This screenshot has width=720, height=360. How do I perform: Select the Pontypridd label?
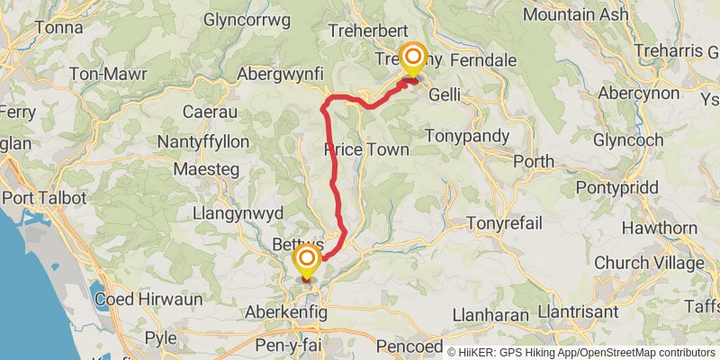(x=620, y=188)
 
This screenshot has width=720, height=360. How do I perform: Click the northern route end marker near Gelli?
(x=413, y=59)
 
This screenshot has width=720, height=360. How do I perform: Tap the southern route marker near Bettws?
(x=307, y=262)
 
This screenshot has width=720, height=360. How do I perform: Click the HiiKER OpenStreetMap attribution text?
(x=580, y=351)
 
